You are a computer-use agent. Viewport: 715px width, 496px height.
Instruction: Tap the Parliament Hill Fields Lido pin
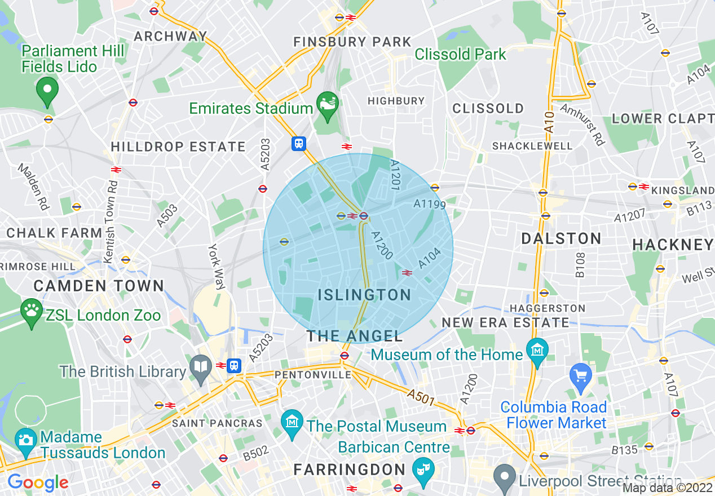click(47, 89)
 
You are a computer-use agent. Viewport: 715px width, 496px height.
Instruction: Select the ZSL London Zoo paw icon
click(31, 311)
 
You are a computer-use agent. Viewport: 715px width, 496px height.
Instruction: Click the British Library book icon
click(201, 366)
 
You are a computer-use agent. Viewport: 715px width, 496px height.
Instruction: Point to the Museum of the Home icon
click(537, 350)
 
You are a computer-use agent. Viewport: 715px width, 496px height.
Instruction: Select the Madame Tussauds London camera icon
click(26, 440)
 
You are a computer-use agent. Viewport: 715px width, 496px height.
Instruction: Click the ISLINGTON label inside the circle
click(364, 295)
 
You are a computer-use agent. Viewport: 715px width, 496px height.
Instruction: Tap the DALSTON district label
click(561, 238)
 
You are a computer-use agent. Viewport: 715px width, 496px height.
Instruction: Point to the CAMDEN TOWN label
click(99, 286)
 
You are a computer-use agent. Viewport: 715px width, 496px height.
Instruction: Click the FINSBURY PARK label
click(352, 42)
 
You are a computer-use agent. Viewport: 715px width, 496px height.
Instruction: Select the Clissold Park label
click(461, 54)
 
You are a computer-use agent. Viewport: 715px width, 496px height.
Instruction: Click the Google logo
click(38, 482)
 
